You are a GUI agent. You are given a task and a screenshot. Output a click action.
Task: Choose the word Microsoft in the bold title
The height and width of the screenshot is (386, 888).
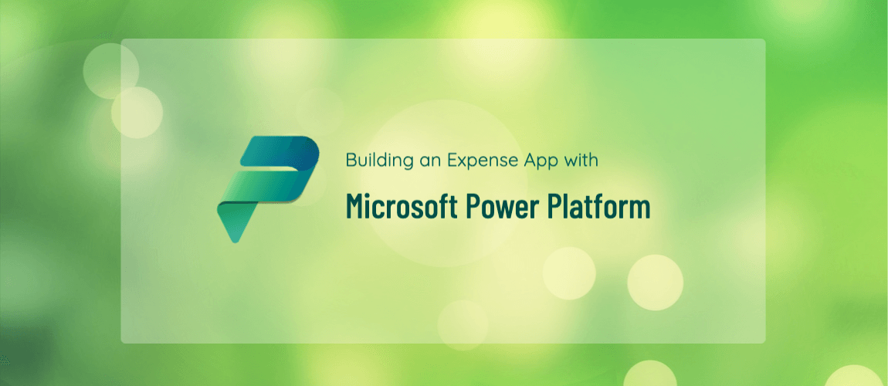(402, 207)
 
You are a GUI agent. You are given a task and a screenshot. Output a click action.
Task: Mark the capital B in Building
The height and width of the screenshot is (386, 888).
(351, 161)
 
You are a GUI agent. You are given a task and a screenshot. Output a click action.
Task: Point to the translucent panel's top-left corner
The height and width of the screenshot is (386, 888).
(121, 39)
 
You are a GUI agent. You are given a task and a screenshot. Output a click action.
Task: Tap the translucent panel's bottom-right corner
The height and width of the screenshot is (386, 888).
(765, 343)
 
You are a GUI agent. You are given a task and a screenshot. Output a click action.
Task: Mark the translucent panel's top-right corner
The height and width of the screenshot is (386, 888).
(765, 39)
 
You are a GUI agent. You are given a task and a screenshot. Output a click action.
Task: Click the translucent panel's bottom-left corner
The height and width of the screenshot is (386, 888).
(121, 343)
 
